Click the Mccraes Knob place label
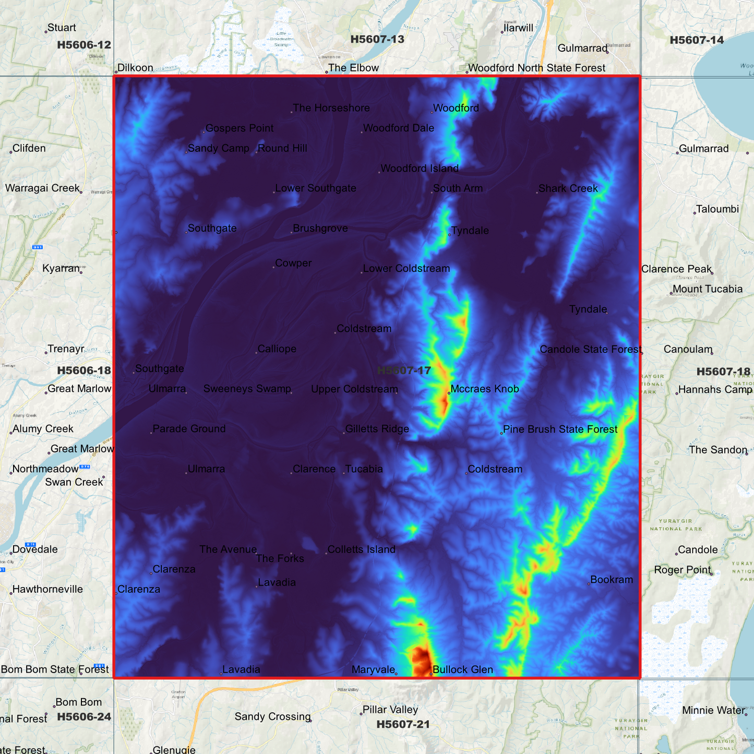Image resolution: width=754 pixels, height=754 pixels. click(484, 389)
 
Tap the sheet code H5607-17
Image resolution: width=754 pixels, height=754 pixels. click(404, 370)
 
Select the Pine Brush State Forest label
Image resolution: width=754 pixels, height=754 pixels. click(560, 429)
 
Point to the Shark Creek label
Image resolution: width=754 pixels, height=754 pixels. click(568, 188)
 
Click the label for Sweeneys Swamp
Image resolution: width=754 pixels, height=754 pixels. click(247, 389)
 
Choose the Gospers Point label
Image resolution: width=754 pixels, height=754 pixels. click(239, 128)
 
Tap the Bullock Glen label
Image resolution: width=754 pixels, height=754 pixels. click(462, 669)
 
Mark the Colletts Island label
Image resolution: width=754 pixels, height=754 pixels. click(361, 549)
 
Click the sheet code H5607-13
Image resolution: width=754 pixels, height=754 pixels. click(377, 39)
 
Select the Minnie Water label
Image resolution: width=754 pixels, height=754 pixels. click(713, 710)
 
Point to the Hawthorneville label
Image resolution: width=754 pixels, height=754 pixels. click(47, 589)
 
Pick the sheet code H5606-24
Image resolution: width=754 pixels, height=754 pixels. click(84, 716)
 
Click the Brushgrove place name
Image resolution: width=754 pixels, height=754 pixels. click(320, 229)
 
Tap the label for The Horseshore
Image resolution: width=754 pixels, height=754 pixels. click(331, 108)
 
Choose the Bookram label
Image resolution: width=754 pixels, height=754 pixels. click(611, 580)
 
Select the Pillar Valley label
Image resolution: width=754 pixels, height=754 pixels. click(390, 710)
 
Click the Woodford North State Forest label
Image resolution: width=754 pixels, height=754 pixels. click(536, 68)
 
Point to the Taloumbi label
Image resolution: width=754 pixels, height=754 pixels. click(717, 209)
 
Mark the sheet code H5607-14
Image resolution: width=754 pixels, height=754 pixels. click(697, 40)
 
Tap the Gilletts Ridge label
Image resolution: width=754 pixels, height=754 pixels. click(377, 429)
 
